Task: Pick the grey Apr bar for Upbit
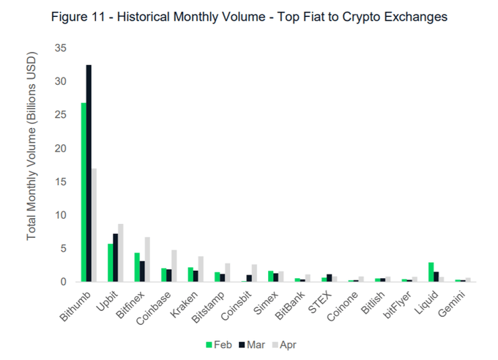click(x=120, y=252)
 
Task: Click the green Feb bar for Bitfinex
click(x=136, y=267)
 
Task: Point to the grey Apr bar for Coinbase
click(x=174, y=266)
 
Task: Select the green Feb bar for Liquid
click(x=431, y=271)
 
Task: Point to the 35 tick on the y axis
click(x=60, y=48)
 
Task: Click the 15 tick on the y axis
click(x=60, y=182)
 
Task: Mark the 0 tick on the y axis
click(x=63, y=282)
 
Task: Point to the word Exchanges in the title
click(x=414, y=17)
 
